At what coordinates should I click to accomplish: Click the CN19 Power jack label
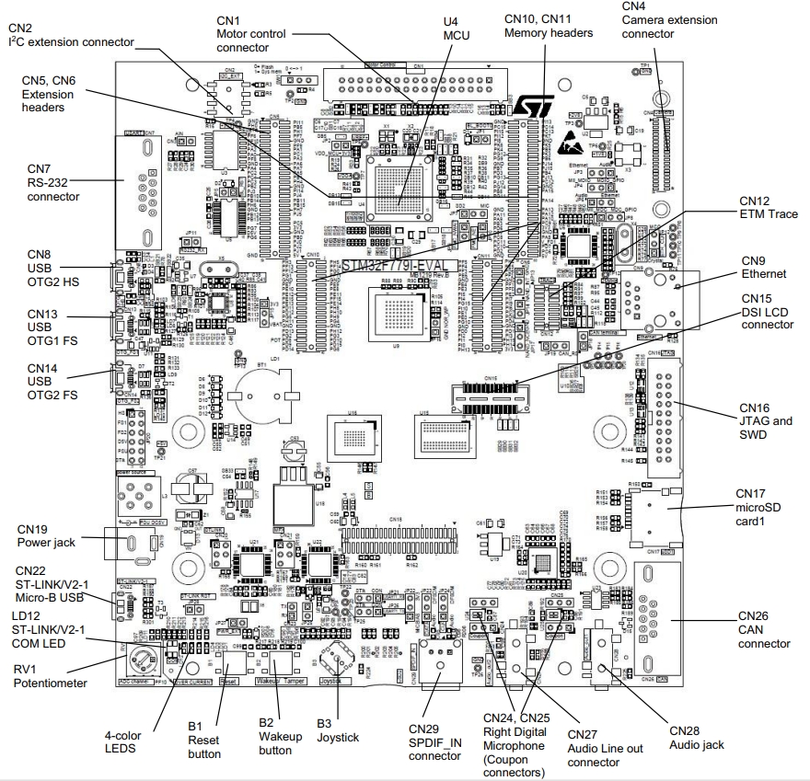click(x=45, y=535)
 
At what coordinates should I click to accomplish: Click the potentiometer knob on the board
click(x=145, y=660)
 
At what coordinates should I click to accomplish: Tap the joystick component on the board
click(x=332, y=660)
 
